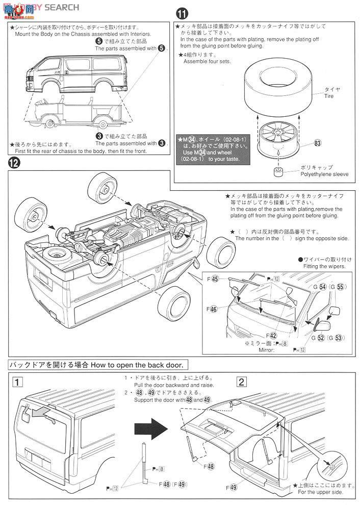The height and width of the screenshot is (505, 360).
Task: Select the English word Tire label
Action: pos(329,96)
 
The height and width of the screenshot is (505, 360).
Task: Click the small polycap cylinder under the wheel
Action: pos(278,171)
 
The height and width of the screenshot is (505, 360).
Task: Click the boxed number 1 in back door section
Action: pos(17,382)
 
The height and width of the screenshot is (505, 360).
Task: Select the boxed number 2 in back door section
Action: pos(242,382)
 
